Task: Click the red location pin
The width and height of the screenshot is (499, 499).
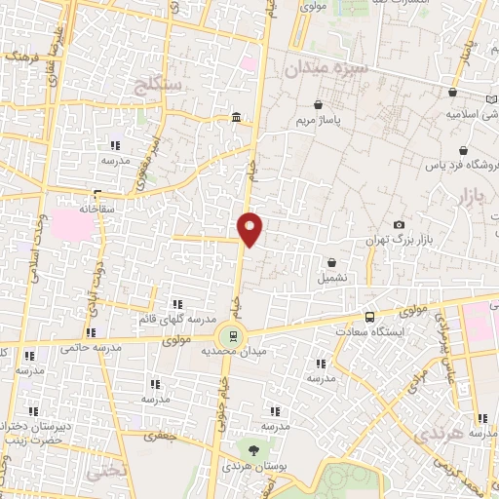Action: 250,229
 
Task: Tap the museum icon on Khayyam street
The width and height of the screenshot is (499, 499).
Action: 237,119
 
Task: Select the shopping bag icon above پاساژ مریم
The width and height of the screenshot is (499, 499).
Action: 318,104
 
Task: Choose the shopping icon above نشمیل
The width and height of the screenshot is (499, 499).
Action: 333,261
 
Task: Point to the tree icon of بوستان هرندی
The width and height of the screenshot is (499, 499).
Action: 253,450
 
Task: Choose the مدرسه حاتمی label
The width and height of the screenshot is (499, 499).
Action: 91,348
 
